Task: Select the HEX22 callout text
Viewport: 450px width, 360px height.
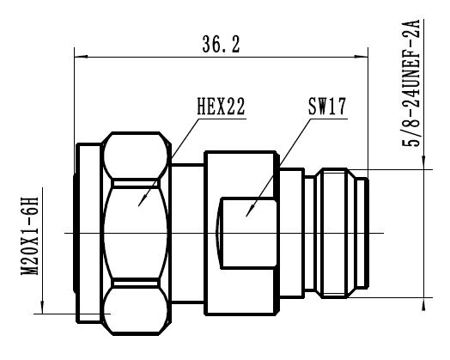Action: click(x=221, y=107)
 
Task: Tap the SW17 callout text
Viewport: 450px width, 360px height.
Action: click(x=325, y=107)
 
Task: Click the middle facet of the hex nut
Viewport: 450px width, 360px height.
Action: click(x=137, y=233)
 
